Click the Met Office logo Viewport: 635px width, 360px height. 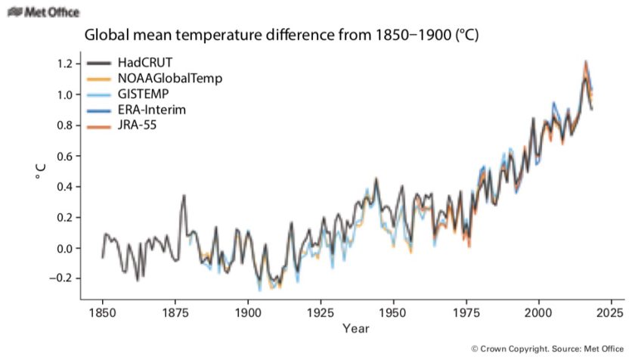point(42,12)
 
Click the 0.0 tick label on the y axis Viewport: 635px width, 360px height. point(64,248)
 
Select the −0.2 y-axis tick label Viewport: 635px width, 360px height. point(61,278)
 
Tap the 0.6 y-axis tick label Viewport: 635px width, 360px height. point(64,156)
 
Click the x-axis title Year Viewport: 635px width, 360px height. point(355,329)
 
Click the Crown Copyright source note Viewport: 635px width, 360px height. point(547,349)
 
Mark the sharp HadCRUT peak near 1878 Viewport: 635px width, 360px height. point(184,195)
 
